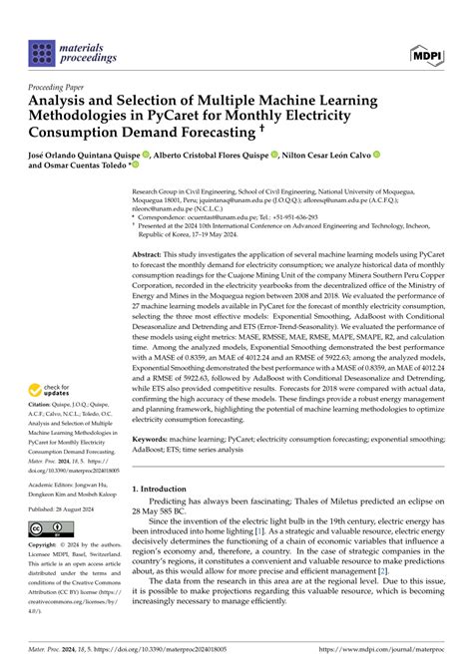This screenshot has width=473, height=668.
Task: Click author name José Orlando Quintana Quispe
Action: click(x=88, y=156)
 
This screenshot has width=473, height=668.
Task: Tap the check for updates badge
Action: click(x=57, y=396)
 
